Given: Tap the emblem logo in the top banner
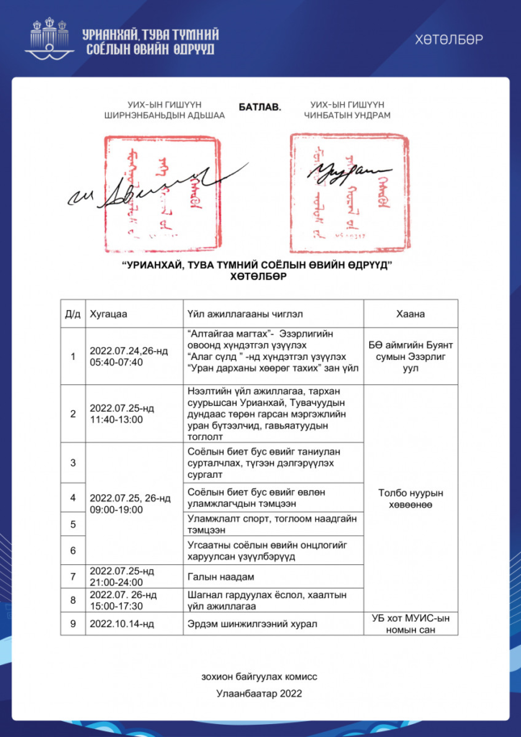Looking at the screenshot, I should [48, 38].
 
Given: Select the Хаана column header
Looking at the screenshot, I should [410, 314].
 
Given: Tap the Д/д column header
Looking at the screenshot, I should [73, 314].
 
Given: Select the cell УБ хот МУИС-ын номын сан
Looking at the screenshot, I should [410, 623].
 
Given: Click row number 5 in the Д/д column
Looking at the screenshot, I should [73, 524].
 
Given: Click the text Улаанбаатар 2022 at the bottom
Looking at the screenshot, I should [260, 694].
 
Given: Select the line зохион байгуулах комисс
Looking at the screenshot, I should [260, 676].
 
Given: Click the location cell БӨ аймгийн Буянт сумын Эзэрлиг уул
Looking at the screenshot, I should [410, 356].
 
